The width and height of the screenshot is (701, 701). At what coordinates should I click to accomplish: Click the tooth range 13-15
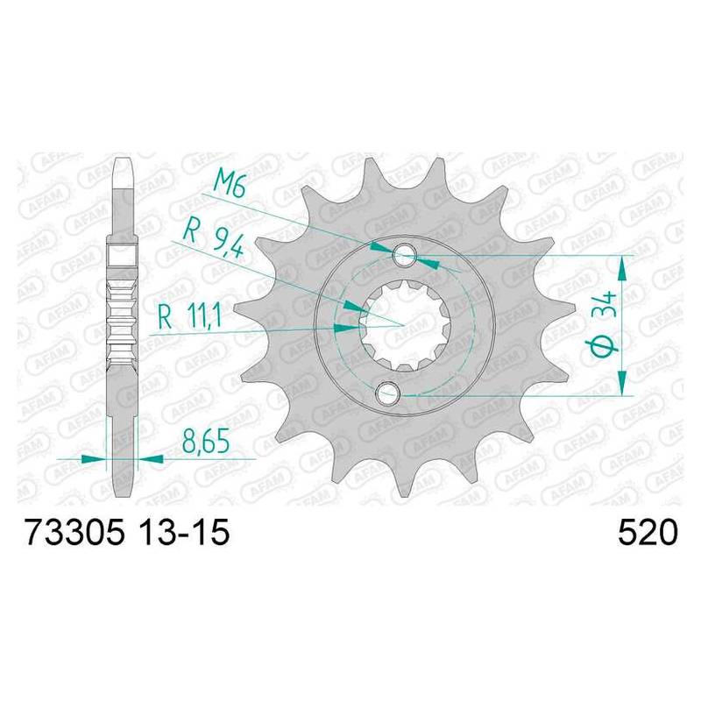(185, 532)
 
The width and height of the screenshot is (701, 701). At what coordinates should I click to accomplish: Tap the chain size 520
(648, 532)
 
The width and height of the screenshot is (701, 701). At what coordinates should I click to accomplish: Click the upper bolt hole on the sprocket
(404, 255)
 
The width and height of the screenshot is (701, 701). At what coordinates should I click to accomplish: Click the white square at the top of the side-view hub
(123, 256)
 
